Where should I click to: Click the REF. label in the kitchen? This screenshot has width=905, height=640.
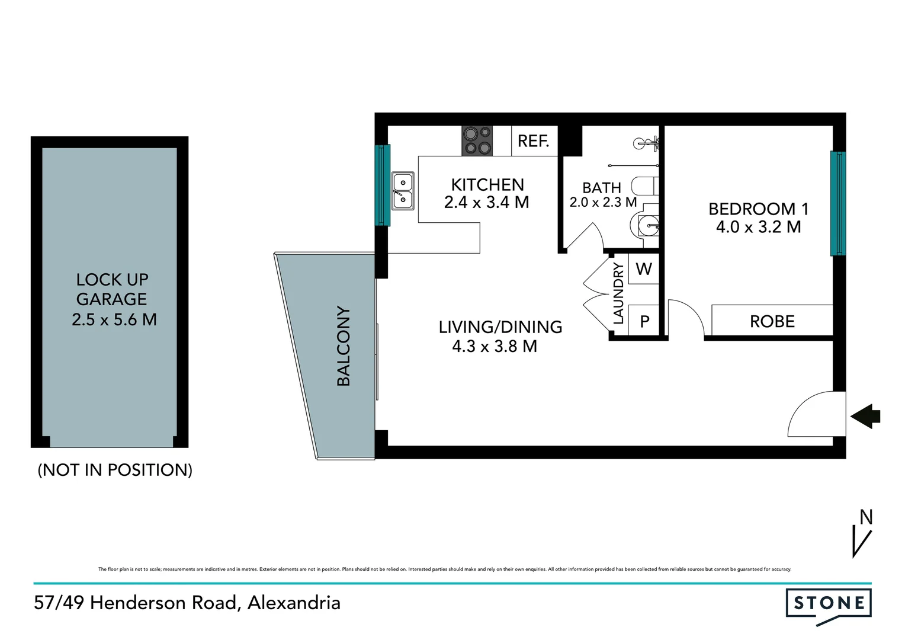pyautogui.click(x=534, y=141)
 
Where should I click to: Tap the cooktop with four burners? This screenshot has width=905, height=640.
pyautogui.click(x=477, y=141)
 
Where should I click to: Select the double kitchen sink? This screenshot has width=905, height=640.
pyautogui.click(x=403, y=191)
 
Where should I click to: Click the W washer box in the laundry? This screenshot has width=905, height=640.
pyautogui.click(x=643, y=269)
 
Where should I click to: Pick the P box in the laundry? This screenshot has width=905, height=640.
pyautogui.click(x=644, y=321)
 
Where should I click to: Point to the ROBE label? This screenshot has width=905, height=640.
pyautogui.click(x=772, y=321)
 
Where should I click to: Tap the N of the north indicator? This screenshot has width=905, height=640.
pyautogui.click(x=866, y=517)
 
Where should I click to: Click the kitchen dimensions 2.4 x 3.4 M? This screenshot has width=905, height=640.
pyautogui.click(x=486, y=203)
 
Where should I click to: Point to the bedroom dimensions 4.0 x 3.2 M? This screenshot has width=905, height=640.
pyautogui.click(x=758, y=227)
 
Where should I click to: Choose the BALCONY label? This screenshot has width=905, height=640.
pyautogui.click(x=344, y=347)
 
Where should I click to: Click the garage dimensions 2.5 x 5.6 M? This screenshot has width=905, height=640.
pyautogui.click(x=114, y=320)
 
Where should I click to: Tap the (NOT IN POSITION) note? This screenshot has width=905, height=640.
pyautogui.click(x=115, y=470)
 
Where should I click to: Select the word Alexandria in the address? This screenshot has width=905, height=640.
pyautogui.click(x=294, y=603)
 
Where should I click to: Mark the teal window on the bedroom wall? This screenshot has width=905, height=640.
pyautogui.click(x=837, y=203)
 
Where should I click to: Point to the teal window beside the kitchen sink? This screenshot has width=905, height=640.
pyautogui.click(x=383, y=185)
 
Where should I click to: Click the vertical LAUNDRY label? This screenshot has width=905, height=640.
pyautogui.click(x=618, y=294)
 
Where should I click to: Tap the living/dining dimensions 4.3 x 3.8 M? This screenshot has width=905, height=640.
pyautogui.click(x=495, y=346)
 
